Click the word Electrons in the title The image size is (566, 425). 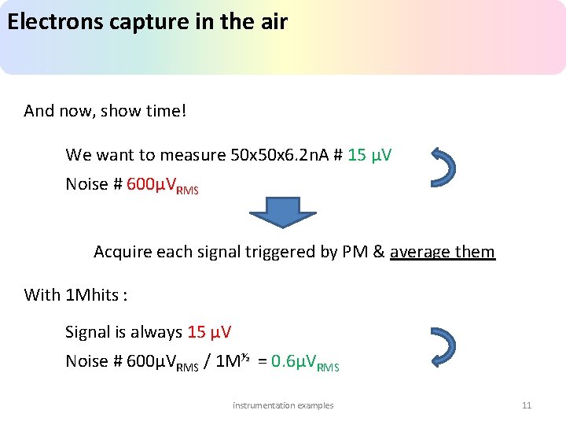53,22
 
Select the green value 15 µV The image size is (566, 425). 369,155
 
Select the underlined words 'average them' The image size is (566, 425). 443,252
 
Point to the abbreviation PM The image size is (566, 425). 355,252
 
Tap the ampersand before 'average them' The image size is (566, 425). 379,252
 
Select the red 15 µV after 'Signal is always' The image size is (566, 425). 209,332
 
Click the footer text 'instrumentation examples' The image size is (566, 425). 283,405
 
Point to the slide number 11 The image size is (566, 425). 527,405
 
